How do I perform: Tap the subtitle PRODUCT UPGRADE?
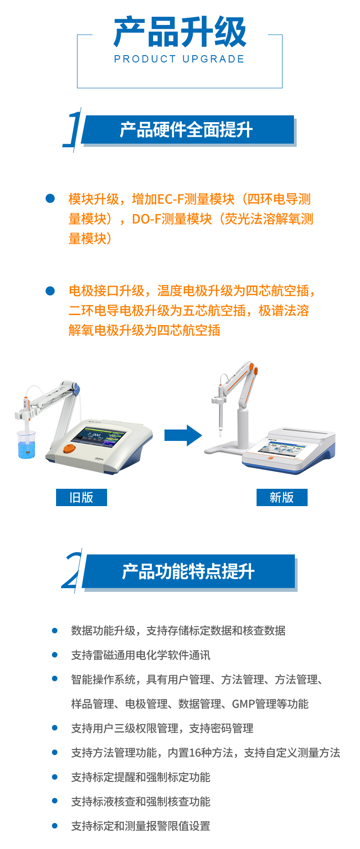(x=180, y=59)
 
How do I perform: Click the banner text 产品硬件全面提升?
(x=186, y=130)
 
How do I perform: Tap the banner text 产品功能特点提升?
(x=188, y=571)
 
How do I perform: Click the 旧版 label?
(x=82, y=497)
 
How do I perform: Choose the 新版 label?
(x=282, y=497)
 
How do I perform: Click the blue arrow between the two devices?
(x=183, y=435)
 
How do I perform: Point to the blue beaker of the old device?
(x=26, y=444)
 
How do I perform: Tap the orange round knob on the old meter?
(x=69, y=448)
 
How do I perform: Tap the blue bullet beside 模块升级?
(x=50, y=198)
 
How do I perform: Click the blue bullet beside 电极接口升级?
(x=50, y=290)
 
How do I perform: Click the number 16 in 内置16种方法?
(x=195, y=753)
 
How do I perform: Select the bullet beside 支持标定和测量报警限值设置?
(x=55, y=825)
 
